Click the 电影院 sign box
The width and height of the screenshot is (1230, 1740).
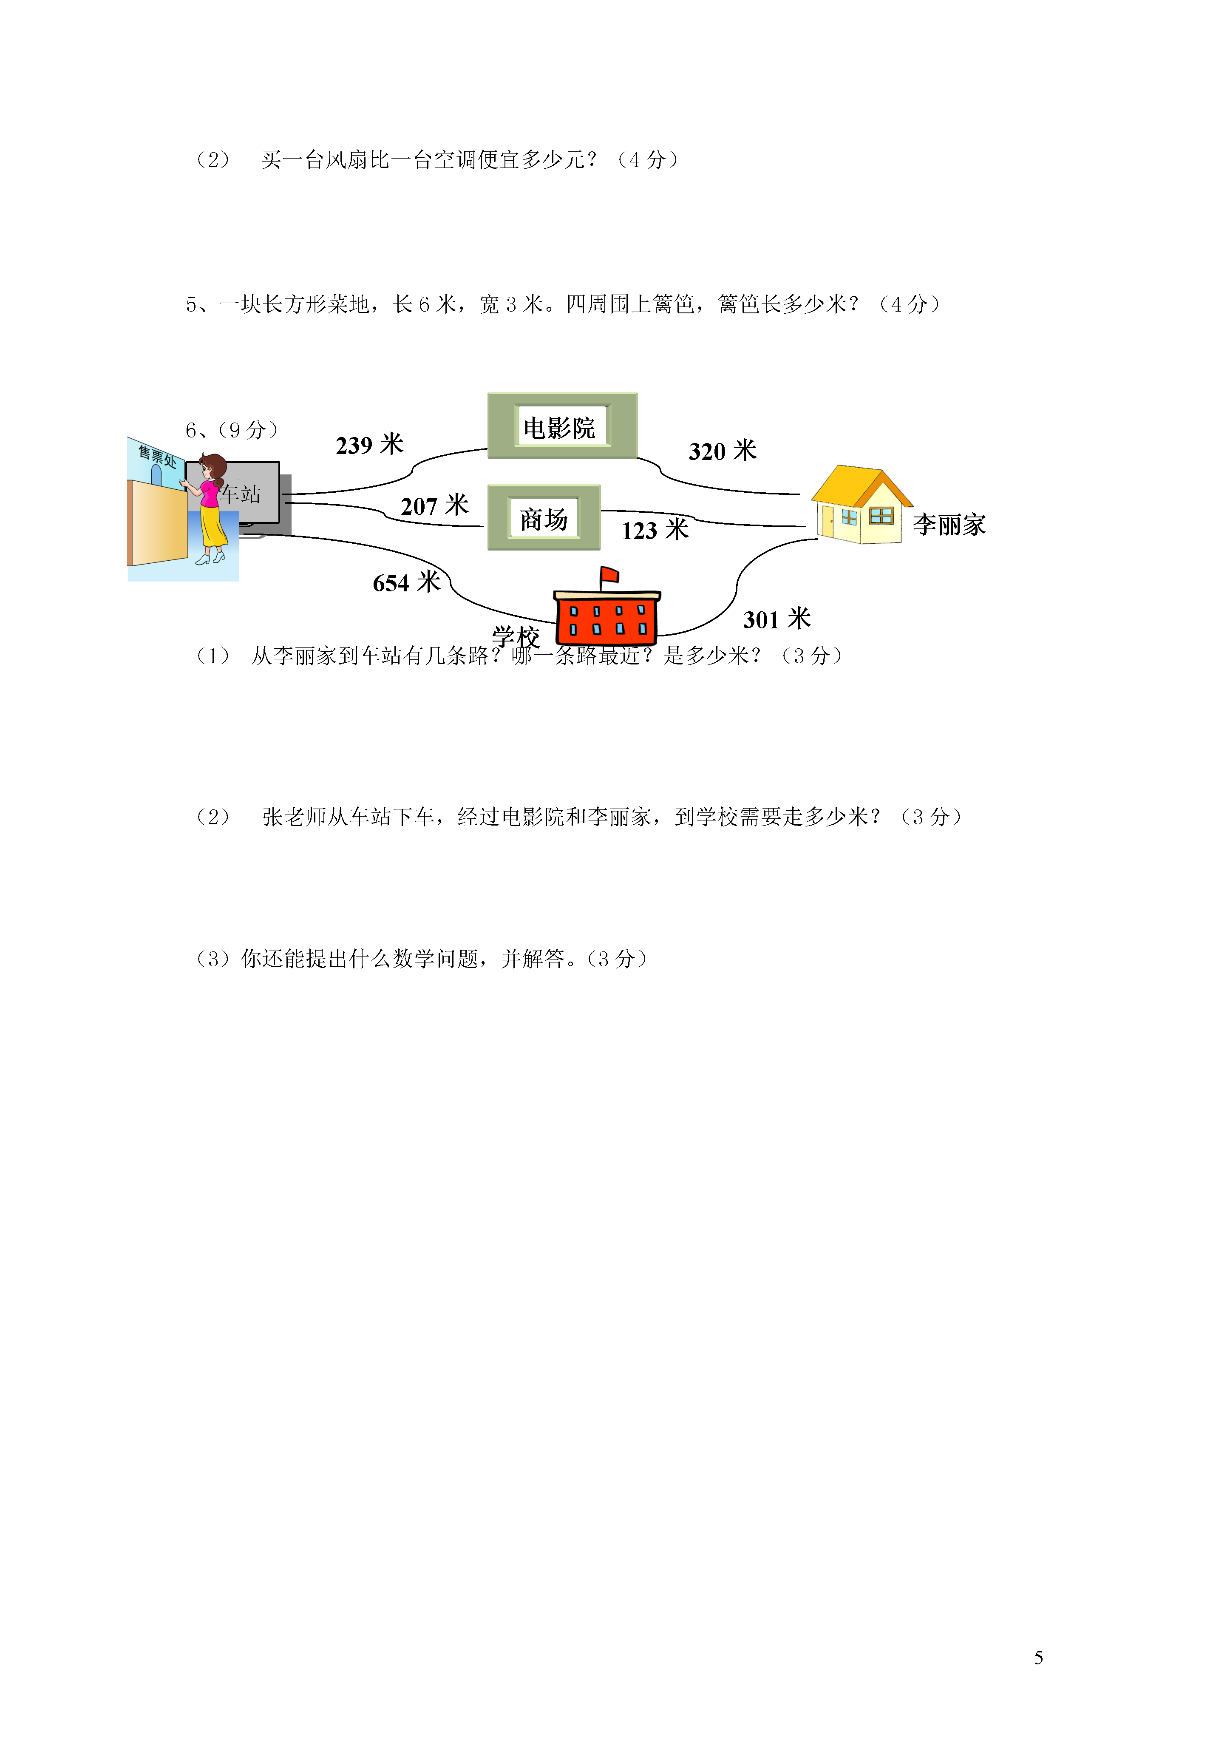562,426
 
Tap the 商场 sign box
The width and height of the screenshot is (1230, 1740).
544,518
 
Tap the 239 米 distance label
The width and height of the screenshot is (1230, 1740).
370,445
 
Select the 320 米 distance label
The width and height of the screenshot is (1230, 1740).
722,451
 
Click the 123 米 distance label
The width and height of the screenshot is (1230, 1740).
655,530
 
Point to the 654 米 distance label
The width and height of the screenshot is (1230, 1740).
406,582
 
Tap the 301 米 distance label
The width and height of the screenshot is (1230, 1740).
777,619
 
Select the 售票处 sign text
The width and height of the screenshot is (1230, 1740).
157,456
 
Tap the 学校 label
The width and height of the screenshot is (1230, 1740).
516,636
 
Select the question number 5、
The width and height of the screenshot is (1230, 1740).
201,305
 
